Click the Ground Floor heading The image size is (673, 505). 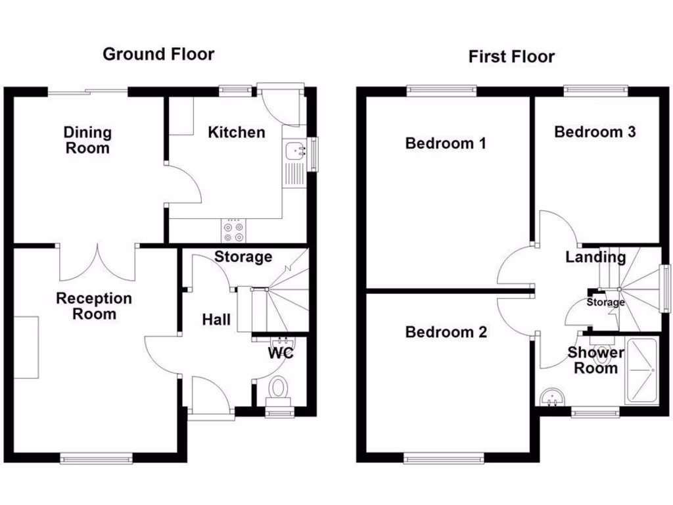tap(158, 54)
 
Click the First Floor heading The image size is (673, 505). tap(511, 57)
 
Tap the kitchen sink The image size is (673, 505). tap(295, 151)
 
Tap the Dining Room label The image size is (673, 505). tap(87, 140)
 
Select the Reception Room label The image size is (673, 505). tap(94, 306)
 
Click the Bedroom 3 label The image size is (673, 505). tap(595, 132)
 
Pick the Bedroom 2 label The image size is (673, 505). tap(446, 332)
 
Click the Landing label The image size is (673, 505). tap(595, 257)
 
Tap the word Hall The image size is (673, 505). tap(216, 320)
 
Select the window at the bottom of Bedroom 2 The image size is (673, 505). tap(438, 460)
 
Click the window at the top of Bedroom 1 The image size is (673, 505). tap(442, 90)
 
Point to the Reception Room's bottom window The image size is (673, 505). tap(96, 458)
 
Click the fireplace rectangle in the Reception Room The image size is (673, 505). tap(27, 347)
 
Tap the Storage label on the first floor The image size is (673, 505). tap(605, 302)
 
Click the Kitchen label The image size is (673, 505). tap(237, 132)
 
